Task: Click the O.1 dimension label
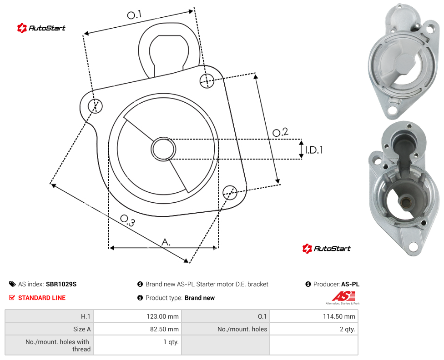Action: pyautogui.click(x=134, y=15)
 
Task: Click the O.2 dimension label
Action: pyautogui.click(x=280, y=132)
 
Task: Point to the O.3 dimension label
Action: pyautogui.click(x=127, y=220)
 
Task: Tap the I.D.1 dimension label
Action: pyautogui.click(x=314, y=150)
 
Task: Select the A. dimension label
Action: pyautogui.click(x=166, y=242)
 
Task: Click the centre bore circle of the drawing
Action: pyautogui.click(x=163, y=149)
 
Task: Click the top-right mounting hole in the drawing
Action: pyautogui.click(x=207, y=80)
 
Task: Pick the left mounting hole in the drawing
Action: pyautogui.click(x=95, y=106)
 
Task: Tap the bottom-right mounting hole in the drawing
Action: pyautogui.click(x=230, y=193)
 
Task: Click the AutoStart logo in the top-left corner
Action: pyautogui.click(x=41, y=28)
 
